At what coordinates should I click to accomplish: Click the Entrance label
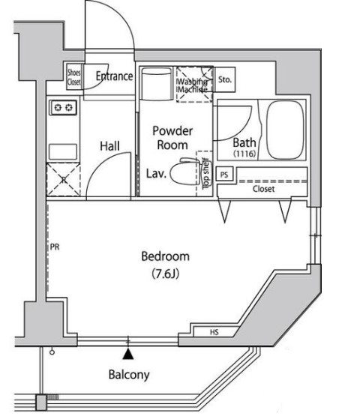(x=114, y=76)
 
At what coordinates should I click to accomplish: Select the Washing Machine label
(x=194, y=83)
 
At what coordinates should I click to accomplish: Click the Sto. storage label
(x=225, y=79)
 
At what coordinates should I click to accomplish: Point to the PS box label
(x=224, y=175)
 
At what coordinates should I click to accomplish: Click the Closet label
(x=263, y=189)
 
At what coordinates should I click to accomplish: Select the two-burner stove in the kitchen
(x=64, y=108)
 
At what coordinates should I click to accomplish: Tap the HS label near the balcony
(x=214, y=331)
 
